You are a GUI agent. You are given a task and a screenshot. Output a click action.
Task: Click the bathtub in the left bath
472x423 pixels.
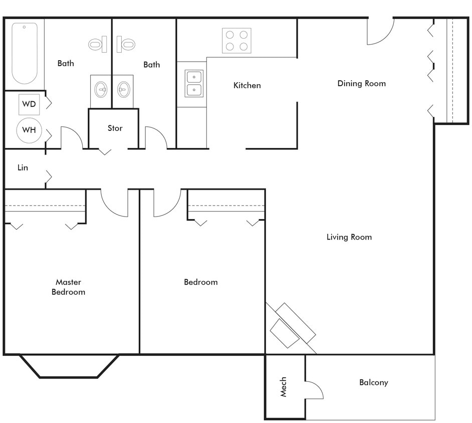25,53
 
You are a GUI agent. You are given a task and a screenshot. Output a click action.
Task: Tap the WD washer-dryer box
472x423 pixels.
29,104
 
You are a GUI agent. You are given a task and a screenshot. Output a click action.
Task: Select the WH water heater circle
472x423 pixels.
29,130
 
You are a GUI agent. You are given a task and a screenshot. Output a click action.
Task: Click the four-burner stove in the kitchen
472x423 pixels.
237,41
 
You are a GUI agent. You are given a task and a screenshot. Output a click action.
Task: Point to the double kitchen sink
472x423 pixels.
194,84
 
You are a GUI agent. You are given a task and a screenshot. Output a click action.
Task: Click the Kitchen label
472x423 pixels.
247,86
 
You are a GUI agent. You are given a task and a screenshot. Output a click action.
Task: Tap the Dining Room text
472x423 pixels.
361,83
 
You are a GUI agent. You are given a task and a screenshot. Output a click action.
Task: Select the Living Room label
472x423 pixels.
349,237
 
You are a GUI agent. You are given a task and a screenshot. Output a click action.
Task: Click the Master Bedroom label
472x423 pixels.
69,287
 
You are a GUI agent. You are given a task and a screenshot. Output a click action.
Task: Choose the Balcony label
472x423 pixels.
373,382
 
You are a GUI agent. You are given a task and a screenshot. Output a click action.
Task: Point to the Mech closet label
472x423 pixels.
284,386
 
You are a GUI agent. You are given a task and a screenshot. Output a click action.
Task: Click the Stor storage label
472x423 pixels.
115,128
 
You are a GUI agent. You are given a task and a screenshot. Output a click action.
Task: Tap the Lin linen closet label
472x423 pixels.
23,168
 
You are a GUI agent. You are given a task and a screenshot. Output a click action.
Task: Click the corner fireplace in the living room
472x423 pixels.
291,326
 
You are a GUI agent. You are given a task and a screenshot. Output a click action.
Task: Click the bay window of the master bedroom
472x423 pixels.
69,366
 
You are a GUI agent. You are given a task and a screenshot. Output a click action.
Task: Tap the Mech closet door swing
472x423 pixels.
313,389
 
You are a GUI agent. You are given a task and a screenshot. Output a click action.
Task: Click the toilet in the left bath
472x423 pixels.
97,45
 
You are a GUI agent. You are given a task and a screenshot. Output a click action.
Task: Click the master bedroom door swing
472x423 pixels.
115,203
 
